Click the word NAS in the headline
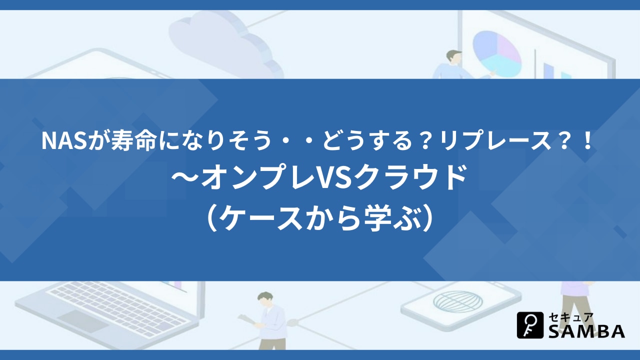click(x=64, y=141)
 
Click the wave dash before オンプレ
click(x=185, y=178)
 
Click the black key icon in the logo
click(x=530, y=325)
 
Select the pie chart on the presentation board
click(x=497, y=53)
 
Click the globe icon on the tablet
click(x=458, y=302)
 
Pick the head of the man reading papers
click(x=265, y=299)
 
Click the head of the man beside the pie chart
click(x=454, y=56)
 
